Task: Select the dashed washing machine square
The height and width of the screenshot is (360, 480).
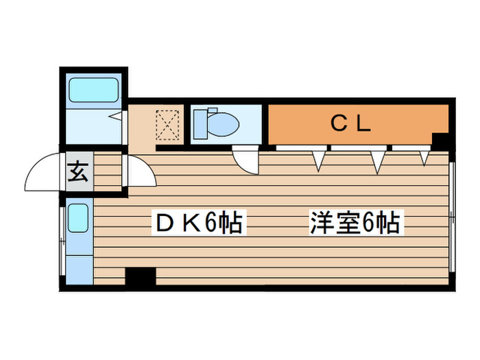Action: pos(169,125)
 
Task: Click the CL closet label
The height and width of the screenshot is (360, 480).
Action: pos(350,123)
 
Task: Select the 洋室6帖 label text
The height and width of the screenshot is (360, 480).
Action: pos(354,222)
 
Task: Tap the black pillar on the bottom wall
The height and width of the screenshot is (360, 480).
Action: pos(141,276)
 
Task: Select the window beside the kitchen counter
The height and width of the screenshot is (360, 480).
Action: pos(63,237)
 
